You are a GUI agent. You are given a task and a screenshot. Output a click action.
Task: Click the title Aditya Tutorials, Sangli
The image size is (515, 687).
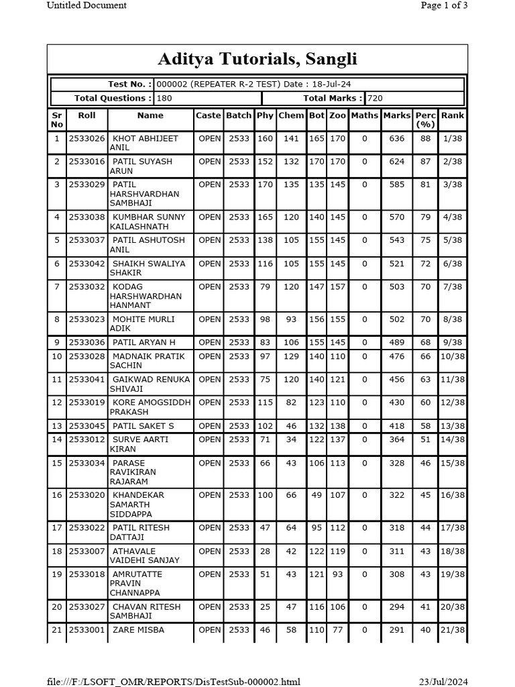coord(257,60)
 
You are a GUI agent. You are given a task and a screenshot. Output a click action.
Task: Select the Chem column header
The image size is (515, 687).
coord(291,115)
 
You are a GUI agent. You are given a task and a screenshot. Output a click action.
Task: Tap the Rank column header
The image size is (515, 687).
coord(453,115)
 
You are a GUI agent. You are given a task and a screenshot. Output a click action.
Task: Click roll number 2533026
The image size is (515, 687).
coord(87,139)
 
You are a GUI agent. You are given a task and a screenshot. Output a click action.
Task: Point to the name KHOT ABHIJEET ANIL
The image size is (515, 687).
coord(144,143)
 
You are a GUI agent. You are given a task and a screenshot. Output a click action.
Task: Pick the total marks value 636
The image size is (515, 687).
coord(397,139)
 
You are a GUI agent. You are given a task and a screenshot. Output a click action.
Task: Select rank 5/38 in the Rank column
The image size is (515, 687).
coord(453,240)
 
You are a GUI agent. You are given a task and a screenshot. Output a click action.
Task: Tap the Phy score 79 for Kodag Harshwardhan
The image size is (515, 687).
coord(266,287)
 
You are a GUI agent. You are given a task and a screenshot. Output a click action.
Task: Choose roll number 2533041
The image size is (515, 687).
coord(87,380)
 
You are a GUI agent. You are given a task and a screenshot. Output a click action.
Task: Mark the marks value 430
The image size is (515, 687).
coord(397,403)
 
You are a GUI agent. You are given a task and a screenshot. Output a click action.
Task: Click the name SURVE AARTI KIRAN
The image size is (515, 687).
coord(139,444)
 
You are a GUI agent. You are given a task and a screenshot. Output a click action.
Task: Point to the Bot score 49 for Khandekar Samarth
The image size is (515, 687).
coord(317,495)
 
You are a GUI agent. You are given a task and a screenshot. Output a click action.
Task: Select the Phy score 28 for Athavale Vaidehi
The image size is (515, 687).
coord(266,551)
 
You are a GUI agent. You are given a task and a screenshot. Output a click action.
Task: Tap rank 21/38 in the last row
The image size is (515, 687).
coord(453,630)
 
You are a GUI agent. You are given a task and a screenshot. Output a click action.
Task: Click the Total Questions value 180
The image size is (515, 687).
coord(165,98)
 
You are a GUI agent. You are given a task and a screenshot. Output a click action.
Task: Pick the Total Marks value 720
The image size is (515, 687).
coord(376,98)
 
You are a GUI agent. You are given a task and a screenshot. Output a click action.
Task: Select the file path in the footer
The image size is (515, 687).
coord(174,682)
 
